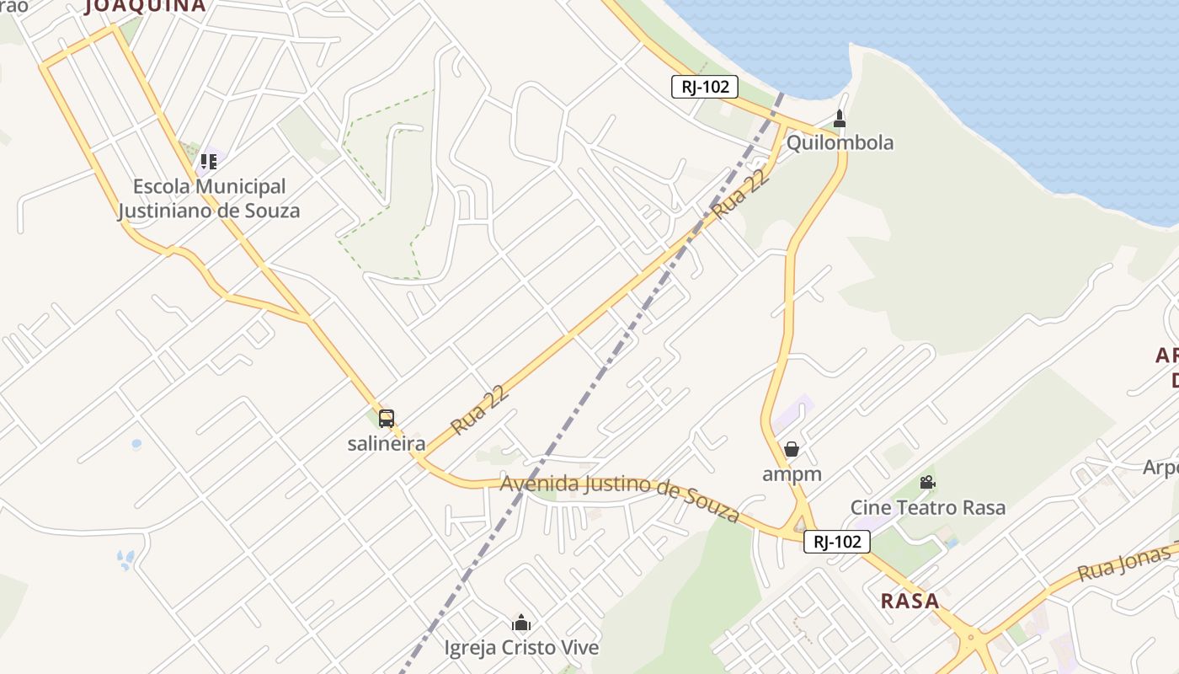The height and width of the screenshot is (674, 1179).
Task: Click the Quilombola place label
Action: (x=840, y=142)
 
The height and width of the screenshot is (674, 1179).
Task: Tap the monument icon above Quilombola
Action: (x=839, y=118)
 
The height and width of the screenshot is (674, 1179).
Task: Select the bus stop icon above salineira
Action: (x=387, y=419)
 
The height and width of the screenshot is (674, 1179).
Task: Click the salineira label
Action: (x=387, y=444)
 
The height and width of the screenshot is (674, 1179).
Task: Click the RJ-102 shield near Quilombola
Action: (x=705, y=86)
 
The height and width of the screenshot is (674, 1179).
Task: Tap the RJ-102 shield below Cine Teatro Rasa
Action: (x=837, y=542)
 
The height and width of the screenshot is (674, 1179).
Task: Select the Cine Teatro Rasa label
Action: (x=928, y=507)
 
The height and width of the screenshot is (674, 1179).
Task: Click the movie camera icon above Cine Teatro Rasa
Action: (x=927, y=483)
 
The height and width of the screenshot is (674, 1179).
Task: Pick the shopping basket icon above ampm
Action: (x=792, y=449)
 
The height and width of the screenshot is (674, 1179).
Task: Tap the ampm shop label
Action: (x=792, y=474)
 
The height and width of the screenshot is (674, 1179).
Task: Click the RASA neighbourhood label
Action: (x=910, y=601)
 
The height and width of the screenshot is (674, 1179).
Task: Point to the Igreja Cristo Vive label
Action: (x=521, y=648)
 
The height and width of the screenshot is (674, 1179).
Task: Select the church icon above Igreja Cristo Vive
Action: (x=521, y=623)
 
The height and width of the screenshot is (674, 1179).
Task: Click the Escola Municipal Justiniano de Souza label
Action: (x=209, y=198)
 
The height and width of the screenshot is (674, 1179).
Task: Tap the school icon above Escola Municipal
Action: (x=208, y=160)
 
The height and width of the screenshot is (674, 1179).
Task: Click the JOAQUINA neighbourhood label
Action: (x=145, y=6)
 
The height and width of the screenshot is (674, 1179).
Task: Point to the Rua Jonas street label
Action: (x=1127, y=563)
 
